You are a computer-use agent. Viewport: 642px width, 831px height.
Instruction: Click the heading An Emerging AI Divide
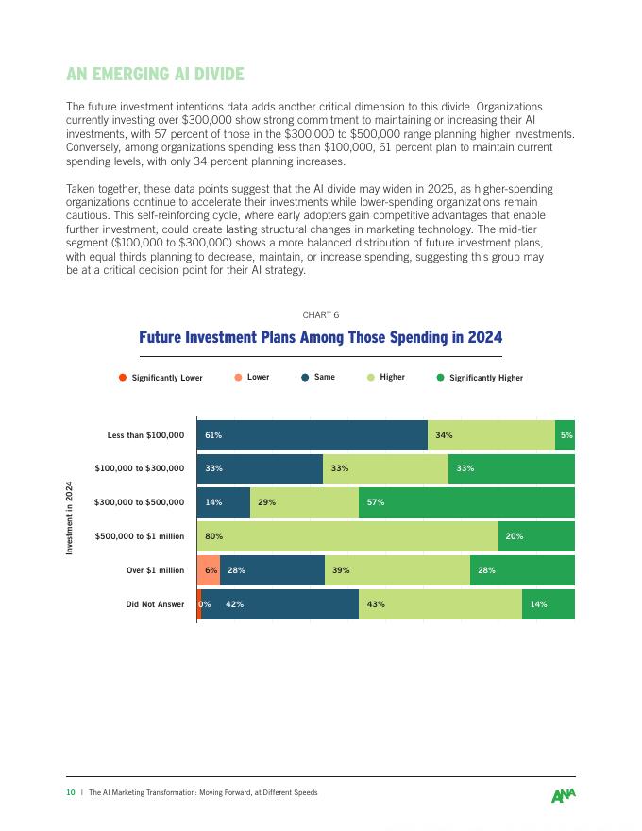coord(155,75)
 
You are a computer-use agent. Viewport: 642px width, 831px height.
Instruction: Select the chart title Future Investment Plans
coord(320,338)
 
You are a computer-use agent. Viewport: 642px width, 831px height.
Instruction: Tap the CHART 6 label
coord(320,314)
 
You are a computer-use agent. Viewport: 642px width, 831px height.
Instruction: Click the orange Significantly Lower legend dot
coord(123,378)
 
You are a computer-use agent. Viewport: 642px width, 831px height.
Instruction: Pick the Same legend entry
coord(317,378)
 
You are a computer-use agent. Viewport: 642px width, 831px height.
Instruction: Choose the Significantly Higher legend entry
coord(479,378)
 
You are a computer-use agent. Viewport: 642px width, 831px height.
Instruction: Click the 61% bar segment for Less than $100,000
coord(312,435)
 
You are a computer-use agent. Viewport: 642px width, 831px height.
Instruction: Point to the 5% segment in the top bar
coord(566,435)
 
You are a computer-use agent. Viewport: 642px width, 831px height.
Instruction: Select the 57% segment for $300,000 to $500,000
coord(466,502)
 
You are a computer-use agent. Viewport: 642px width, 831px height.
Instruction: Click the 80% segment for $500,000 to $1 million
coord(347,536)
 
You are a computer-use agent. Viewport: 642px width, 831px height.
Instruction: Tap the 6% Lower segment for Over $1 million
coord(209,570)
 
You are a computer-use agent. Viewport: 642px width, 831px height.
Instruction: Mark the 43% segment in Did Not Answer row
coord(440,604)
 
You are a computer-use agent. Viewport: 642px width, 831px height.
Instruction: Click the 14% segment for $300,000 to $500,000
coord(224,502)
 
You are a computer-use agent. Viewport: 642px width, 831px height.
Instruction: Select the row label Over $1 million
coord(155,570)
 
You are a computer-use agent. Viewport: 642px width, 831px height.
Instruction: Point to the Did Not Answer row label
coord(155,604)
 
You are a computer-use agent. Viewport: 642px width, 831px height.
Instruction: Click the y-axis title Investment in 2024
coord(69,518)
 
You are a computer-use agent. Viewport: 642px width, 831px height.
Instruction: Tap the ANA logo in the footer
coord(564,794)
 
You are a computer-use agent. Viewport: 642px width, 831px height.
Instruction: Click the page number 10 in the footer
coord(70,792)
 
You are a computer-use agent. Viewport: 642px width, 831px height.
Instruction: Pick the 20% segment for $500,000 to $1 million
coord(536,536)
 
